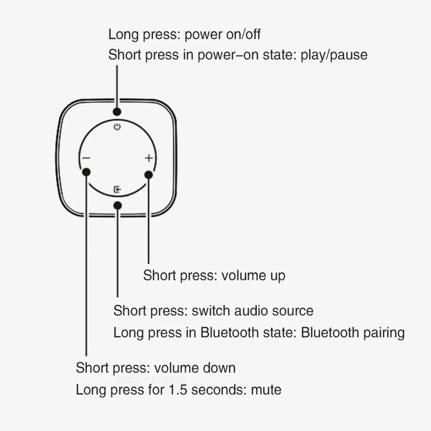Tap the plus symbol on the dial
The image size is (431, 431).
149,158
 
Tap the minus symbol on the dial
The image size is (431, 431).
86,158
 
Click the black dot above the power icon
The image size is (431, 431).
117,111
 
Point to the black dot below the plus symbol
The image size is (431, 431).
149,174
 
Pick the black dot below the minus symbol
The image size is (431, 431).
86,172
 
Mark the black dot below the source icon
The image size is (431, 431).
117,205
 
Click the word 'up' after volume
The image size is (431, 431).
276,275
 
